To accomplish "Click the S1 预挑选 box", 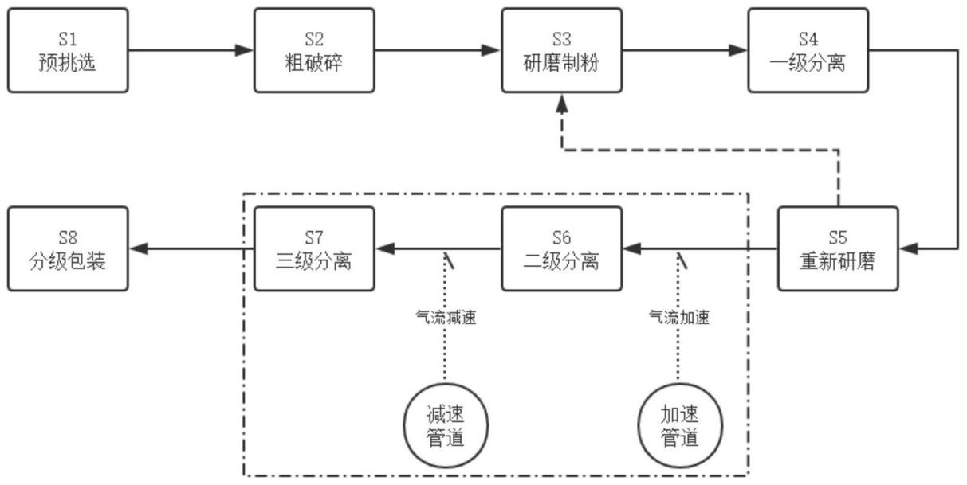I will click(67, 50).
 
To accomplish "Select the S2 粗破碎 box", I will click(314, 50).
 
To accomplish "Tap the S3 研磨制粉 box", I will click(561, 50).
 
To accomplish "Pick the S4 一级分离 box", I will click(808, 50).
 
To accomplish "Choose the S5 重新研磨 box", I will click(837, 248).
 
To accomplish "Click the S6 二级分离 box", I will click(561, 248).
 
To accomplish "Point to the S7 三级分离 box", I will click(314, 248).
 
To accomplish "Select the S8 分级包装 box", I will click(67, 248).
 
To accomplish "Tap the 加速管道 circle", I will click(679, 427).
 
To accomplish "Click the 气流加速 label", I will click(679, 317).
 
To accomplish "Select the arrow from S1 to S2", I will click(191, 51).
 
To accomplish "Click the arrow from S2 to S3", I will click(438, 51).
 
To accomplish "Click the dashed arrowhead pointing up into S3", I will click(562, 101).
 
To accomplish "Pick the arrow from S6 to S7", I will click(438, 249).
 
